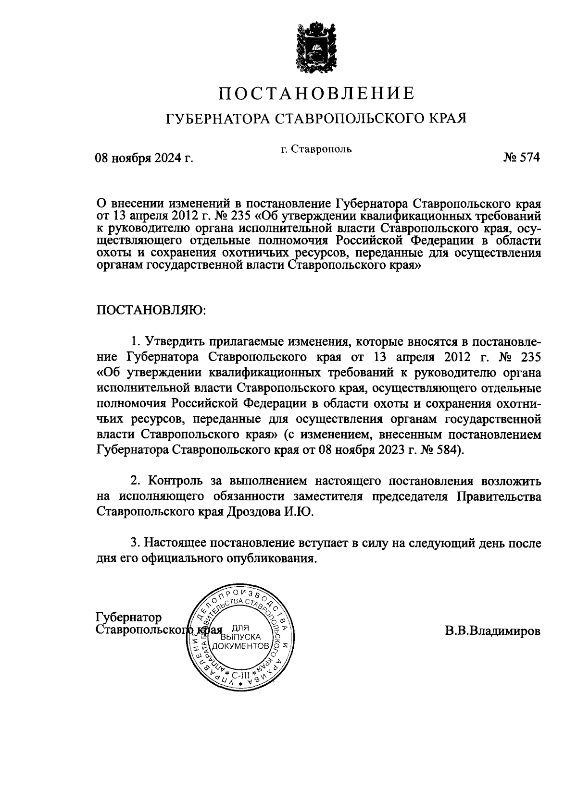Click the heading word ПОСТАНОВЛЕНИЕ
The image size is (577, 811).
pyautogui.click(x=317, y=93)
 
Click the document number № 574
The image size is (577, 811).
pyautogui.click(x=522, y=157)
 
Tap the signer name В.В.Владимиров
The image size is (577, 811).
pyautogui.click(x=492, y=630)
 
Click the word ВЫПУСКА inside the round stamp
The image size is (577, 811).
pyautogui.click(x=240, y=637)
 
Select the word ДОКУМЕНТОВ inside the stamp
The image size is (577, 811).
pyautogui.click(x=240, y=646)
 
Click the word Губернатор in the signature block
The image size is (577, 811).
pyautogui.click(x=129, y=617)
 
